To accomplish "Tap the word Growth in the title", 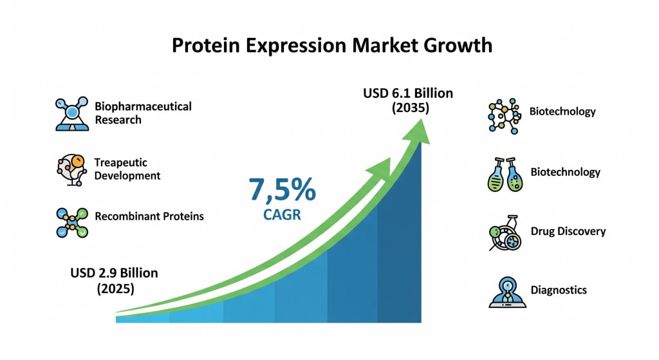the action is coord(458,46).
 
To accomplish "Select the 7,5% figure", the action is coord(282,189).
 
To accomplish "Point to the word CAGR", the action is coord(282,215).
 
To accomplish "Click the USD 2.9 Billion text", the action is coord(115,273).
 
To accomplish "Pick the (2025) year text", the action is coord(116,289).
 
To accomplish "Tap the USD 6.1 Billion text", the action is coord(408,93).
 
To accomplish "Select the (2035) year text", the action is coord(411,108).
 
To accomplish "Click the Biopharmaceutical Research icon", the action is coord(72,113).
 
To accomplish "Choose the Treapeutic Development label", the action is coord(127,169).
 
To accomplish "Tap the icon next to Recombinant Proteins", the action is coord(72,222).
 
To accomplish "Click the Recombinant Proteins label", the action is coord(149,216).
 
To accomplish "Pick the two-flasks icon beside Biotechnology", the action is coord(505,175).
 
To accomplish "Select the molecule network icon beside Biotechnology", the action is coord(505,116).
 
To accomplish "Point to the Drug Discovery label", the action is coord(568,231).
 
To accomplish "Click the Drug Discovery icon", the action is coord(505,233).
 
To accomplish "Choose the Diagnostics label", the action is coord(559,290).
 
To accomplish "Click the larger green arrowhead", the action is coord(417,132).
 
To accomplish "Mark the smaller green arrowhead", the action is coord(380,167).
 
